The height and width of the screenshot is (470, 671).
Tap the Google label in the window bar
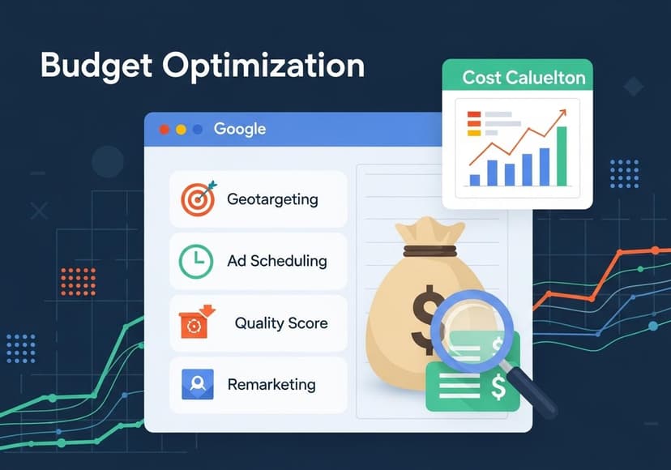pos(239,129)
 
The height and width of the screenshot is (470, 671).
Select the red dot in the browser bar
pos(165,129)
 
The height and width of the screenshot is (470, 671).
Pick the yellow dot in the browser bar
pos(181,129)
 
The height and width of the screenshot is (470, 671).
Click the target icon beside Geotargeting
pos(198,199)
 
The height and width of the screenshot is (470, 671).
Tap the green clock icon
pos(196,261)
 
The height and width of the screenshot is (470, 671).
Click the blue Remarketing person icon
pos(198,384)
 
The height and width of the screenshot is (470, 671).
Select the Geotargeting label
pos(272,199)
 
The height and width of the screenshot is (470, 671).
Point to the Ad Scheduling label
pos(277,261)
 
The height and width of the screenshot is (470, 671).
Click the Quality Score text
pos(281,323)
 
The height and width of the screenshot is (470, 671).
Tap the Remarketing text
pos(271,384)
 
